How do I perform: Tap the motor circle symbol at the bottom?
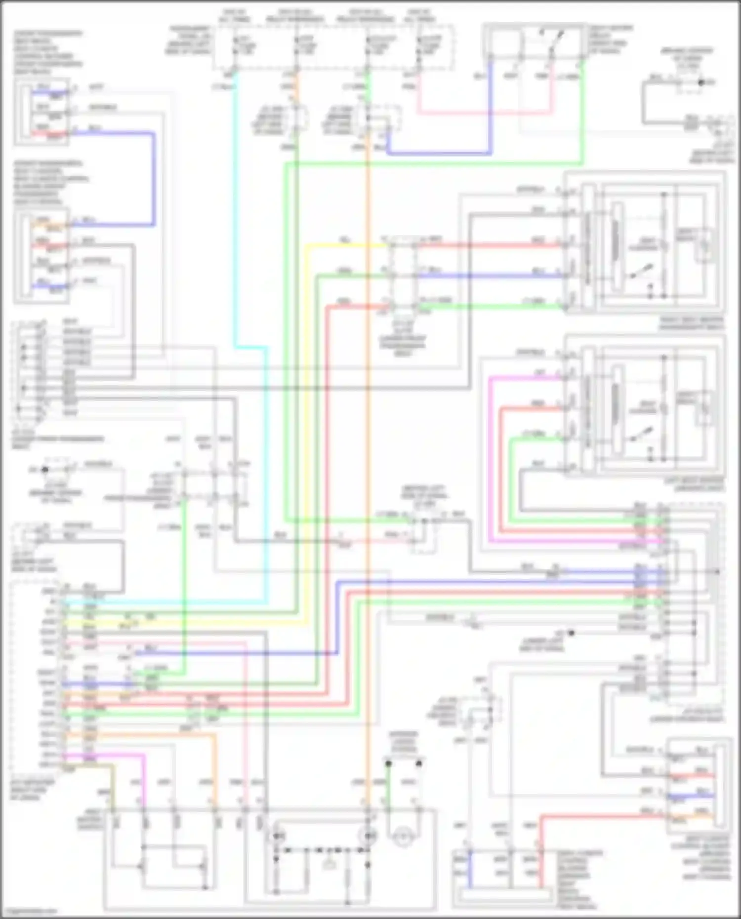pos(404,837)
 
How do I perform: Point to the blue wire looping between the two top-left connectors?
pos(154,178)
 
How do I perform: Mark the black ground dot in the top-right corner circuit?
pos(700,82)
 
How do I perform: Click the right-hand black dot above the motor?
pos(419,763)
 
